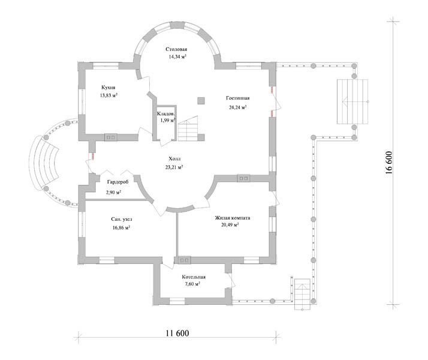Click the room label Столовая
pos(176,49)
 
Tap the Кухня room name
pos(108,88)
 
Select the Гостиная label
pos(238,98)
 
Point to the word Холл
pos(174,158)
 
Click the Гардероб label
pos(118,182)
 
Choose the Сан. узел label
pos(122,219)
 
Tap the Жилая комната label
pos(233,218)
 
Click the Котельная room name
pos(194,277)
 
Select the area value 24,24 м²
pos(238,107)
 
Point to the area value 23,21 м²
pos(174,167)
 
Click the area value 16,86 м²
pos(121,227)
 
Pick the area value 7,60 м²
pos(192,284)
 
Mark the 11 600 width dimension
pos(177,333)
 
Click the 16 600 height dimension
pos(388,163)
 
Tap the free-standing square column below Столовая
pos(201,101)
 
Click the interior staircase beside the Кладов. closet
pos(188,128)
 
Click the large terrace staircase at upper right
pos(352,101)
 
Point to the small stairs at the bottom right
pos(303,295)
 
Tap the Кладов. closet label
pos(166,113)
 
